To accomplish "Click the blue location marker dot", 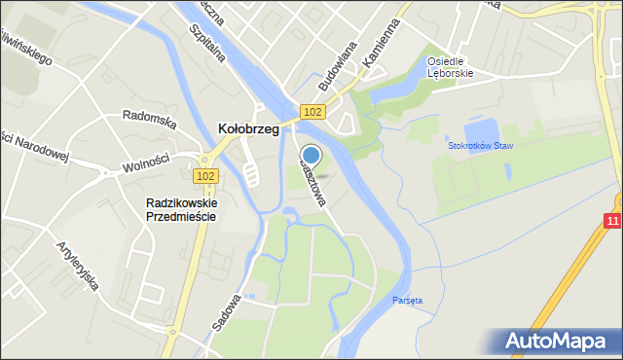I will pos(311,155).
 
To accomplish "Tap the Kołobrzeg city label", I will pos(247,128).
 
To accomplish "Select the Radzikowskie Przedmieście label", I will pos(180,209).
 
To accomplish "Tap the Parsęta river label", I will pos(408,300).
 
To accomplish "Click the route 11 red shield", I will pos(611,223).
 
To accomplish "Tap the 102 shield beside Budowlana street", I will pos(311,112).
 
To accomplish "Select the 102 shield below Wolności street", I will pos(205,176).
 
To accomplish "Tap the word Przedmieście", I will pos(180,217).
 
